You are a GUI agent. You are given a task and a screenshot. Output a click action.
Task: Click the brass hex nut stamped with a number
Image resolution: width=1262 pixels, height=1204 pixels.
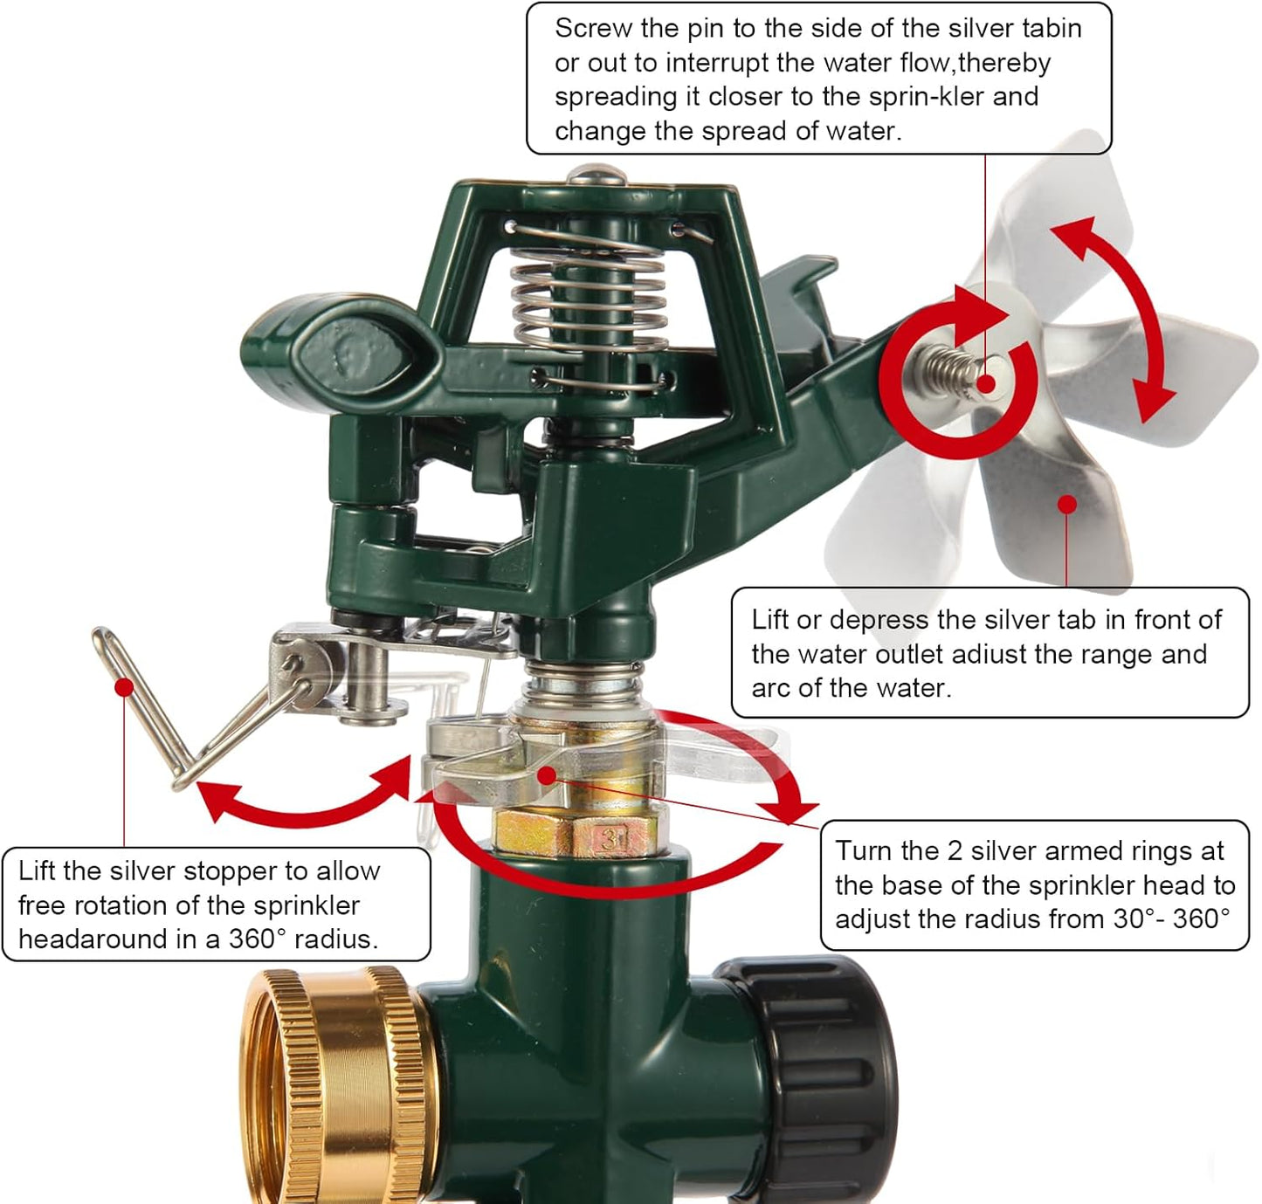(x=576, y=834)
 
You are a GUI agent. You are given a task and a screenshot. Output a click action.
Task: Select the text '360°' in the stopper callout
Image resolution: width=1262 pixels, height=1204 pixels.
(x=258, y=939)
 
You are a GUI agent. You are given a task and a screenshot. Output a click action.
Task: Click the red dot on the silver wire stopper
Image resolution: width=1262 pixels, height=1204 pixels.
(x=124, y=687)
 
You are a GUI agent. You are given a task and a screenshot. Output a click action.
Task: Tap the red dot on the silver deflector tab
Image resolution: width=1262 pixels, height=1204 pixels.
(x=1067, y=505)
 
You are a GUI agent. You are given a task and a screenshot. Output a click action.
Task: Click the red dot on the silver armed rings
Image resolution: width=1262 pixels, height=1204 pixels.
(x=546, y=776)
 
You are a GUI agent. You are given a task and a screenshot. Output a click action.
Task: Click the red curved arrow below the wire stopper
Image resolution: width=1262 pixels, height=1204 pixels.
(x=301, y=815)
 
